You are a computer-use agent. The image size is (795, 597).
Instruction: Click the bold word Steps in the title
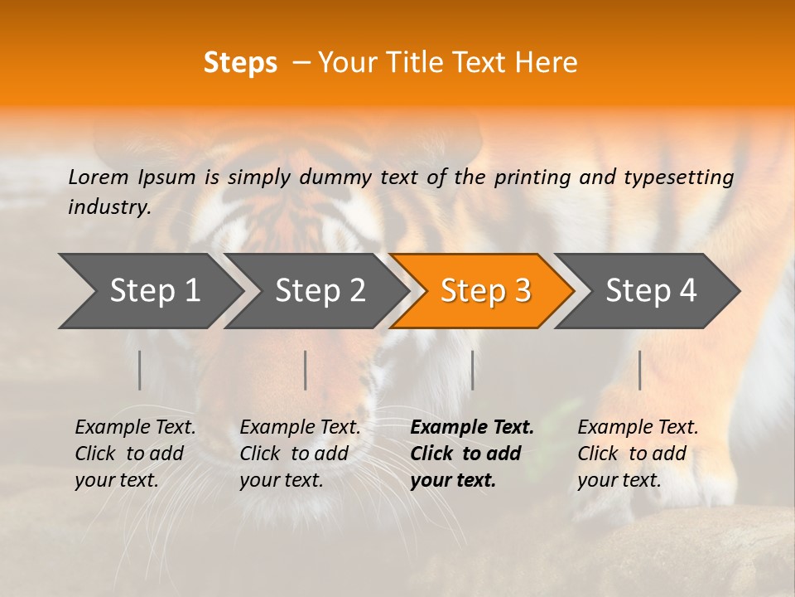[240, 63]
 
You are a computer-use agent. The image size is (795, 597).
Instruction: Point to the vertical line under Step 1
[140, 370]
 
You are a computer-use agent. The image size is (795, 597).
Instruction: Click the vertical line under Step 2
[306, 370]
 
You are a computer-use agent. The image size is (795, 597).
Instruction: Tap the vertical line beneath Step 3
[473, 370]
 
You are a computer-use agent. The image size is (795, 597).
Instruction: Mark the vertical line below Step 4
[640, 370]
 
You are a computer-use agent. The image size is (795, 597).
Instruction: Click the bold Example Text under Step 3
[472, 454]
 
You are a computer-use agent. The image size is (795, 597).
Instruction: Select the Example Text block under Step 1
[135, 454]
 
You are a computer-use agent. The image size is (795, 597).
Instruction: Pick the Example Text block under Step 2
[300, 454]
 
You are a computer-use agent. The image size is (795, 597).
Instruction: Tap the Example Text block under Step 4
[638, 454]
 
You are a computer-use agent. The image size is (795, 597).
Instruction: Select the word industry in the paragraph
[108, 207]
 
